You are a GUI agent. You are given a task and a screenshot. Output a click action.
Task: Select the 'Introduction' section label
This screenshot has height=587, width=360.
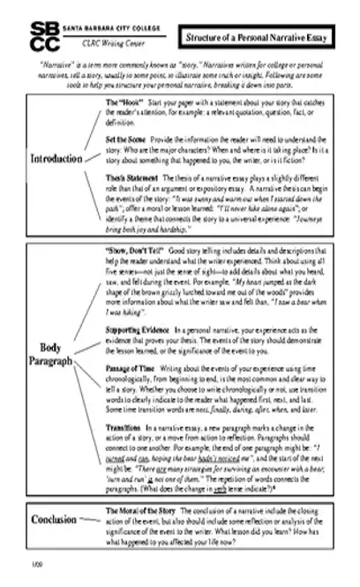click(x=56, y=160)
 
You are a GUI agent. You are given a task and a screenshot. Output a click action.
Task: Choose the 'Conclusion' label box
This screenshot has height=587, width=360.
click(x=55, y=520)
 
